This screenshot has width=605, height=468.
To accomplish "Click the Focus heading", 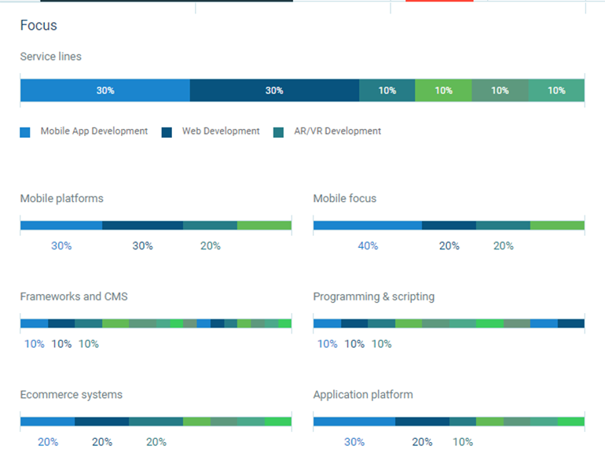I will pyautogui.click(x=38, y=25).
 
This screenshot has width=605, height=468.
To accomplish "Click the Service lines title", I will pyautogui.click(x=50, y=57).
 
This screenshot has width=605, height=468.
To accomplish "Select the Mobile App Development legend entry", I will pyautogui.click(x=93, y=131).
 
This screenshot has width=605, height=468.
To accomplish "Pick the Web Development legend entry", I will pyautogui.click(x=220, y=131).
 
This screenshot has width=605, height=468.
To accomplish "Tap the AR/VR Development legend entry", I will pyautogui.click(x=337, y=131).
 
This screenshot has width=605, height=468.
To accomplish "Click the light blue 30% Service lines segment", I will pyautogui.click(x=104, y=90).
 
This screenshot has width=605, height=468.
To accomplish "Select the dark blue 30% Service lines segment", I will pyautogui.click(x=274, y=90).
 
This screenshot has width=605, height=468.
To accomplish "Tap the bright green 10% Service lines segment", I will pyautogui.click(x=443, y=90).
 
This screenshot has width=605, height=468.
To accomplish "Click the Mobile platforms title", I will pyautogui.click(x=61, y=198).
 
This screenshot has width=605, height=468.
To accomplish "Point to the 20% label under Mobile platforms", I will pyautogui.click(x=211, y=245).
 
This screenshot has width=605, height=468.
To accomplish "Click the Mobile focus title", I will pyautogui.click(x=344, y=198).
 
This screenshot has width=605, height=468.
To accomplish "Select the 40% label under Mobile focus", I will pyautogui.click(x=368, y=245).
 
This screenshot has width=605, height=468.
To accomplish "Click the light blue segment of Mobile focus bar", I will pyautogui.click(x=367, y=226).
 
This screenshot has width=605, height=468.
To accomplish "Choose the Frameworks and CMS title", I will pyautogui.click(x=74, y=297).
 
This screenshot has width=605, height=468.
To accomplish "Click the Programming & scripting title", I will pyautogui.click(x=373, y=297).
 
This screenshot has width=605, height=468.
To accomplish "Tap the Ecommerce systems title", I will pyautogui.click(x=71, y=394).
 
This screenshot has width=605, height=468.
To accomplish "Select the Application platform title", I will pyautogui.click(x=362, y=394).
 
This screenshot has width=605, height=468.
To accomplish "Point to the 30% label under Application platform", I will pyautogui.click(x=354, y=442).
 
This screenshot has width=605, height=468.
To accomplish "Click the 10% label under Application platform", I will pyautogui.click(x=463, y=442).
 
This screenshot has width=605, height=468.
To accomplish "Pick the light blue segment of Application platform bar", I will pyautogui.click(x=354, y=422).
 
